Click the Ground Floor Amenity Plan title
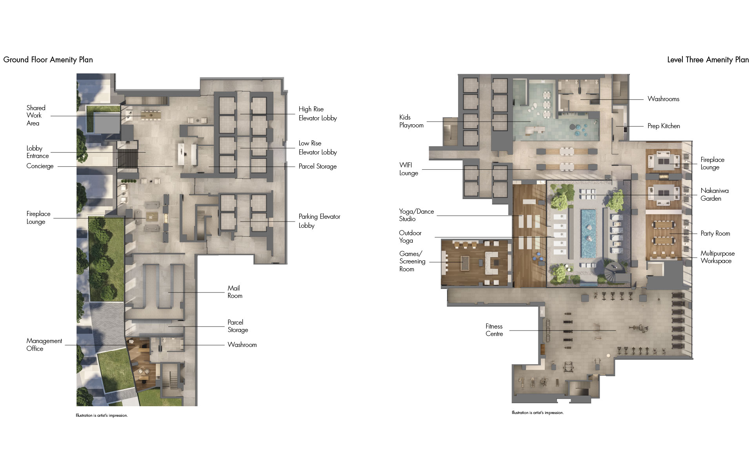coord(48,60)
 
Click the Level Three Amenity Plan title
coord(708,60)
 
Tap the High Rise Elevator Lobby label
coord(318,113)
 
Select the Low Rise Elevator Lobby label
coord(318,147)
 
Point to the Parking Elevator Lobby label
coord(319,221)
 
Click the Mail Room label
coord(235,292)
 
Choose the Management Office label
coord(44,345)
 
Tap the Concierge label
coord(40,166)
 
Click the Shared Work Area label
coord(36,115)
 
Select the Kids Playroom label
coord(411,121)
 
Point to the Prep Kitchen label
coord(664,126)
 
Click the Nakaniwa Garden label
coord(715,194)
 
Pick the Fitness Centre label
coord(494,330)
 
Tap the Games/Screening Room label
coord(412,261)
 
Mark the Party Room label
coord(715,233)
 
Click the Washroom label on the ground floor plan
coord(242,345)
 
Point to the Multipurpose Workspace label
coord(718,257)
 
